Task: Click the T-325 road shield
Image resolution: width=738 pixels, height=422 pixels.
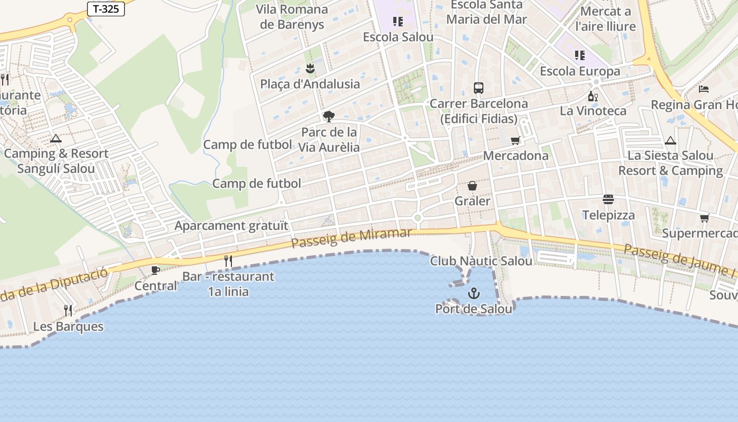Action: (105, 8)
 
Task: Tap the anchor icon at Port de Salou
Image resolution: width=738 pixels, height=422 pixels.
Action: (474, 293)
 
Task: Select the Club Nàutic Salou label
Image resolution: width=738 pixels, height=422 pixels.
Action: (481, 261)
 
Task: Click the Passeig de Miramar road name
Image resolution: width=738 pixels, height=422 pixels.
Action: (351, 237)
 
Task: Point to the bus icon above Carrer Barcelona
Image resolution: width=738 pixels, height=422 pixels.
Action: (479, 88)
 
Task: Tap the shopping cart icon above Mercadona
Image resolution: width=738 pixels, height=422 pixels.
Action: (516, 140)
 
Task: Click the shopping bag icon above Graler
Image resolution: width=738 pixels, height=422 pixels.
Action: (472, 186)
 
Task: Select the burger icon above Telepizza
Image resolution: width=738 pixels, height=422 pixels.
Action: (608, 199)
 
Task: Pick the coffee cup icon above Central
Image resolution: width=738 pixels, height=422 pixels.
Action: (156, 270)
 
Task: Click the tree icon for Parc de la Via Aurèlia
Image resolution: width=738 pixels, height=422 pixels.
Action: (328, 116)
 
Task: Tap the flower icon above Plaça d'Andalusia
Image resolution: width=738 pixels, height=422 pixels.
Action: (310, 68)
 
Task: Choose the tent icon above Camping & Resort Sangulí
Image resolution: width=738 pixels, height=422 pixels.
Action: (55, 139)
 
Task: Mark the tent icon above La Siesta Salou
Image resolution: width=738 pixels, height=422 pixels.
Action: (670, 140)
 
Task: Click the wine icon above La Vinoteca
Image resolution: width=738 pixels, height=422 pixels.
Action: (593, 96)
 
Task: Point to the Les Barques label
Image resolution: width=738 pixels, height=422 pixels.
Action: (68, 327)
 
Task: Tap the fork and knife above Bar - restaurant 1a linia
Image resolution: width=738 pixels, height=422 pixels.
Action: (228, 261)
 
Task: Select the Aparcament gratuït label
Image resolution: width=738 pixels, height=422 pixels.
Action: (231, 226)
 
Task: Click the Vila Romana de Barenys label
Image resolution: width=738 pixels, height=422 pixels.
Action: (292, 16)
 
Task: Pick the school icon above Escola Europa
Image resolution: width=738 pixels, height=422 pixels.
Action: (580, 55)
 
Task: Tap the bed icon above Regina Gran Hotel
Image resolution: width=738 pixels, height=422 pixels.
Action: (703, 89)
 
